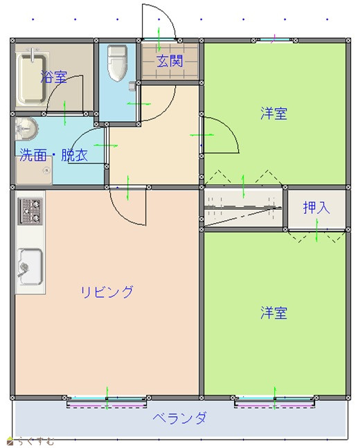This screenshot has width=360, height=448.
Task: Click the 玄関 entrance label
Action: [x=170, y=61]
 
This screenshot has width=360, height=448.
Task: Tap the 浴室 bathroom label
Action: [x=54, y=77]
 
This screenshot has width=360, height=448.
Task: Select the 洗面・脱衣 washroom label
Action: [x=53, y=155]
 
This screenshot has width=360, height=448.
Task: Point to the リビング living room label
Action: [x=107, y=292]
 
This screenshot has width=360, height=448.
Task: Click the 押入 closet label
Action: [x=316, y=208]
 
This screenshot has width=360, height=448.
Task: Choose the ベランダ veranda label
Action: [x=179, y=418]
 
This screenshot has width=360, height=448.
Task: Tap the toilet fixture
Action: [x=117, y=63]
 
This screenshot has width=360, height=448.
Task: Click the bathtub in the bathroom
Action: [x=31, y=77]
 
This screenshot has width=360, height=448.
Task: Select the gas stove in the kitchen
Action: [x=30, y=211]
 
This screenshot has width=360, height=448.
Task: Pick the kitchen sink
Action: [x=30, y=267]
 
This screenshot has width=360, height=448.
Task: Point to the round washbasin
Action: [x=26, y=129]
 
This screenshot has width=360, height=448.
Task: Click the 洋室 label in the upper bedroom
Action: [x=273, y=113]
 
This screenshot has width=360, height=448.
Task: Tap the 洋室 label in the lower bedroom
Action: [x=273, y=313]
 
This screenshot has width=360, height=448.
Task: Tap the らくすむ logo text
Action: [x=36, y=442]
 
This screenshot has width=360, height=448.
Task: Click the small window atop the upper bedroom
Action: [x=274, y=39]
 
